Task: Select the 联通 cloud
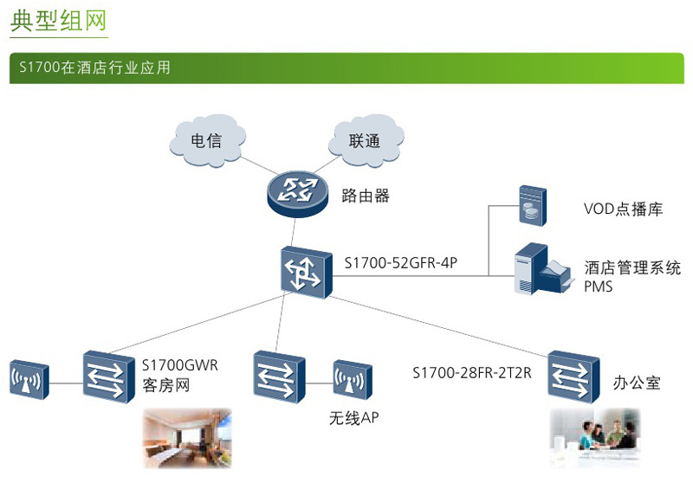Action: click(x=365, y=141)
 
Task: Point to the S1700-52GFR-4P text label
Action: click(x=400, y=261)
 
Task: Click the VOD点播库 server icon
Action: click(x=529, y=205)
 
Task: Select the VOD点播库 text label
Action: click(x=623, y=209)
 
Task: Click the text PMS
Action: click(x=598, y=286)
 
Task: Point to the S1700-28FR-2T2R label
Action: click(x=471, y=373)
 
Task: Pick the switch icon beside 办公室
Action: click(x=573, y=375)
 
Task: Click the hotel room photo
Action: click(x=187, y=437)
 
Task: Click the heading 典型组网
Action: click(x=59, y=22)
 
